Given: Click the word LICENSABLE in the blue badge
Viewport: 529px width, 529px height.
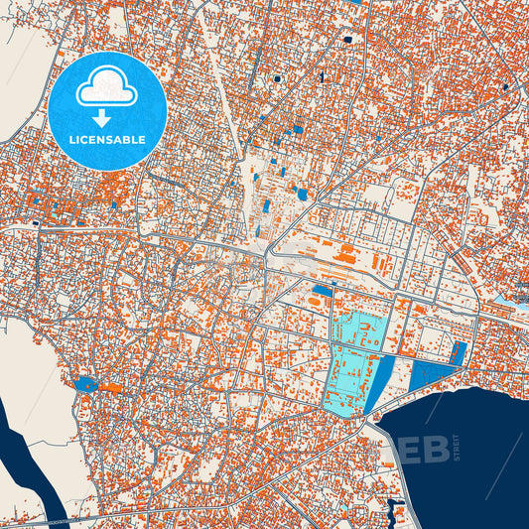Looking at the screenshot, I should tap(109, 140).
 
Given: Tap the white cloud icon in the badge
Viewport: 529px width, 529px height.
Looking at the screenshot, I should tap(109, 88).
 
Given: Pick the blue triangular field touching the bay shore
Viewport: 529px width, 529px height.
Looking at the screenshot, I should tap(427, 375).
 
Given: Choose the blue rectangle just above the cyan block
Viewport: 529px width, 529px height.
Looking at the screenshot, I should tap(322, 291).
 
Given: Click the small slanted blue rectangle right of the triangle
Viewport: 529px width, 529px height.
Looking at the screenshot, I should tap(460, 351).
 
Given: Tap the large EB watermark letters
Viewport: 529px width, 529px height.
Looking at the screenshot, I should tap(423, 450).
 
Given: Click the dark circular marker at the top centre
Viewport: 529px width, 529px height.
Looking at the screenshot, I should tap(277, 78).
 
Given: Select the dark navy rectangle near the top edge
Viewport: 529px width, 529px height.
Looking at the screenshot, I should tap(348, 40).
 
